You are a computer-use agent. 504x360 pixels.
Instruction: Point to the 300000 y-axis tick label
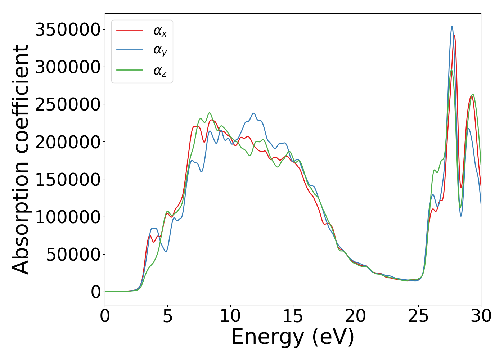point(67,67)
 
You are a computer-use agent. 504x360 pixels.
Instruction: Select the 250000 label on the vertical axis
point(67,104)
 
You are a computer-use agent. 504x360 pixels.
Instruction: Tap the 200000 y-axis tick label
point(67,142)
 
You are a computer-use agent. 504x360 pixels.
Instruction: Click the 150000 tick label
point(67,179)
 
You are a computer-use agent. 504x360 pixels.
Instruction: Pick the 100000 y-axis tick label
point(67,217)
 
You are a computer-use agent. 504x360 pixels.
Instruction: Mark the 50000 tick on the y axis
point(73,255)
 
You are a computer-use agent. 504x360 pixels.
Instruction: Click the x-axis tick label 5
point(168,316)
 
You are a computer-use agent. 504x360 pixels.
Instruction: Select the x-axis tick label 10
point(230,316)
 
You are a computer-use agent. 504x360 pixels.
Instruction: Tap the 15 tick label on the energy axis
point(293,316)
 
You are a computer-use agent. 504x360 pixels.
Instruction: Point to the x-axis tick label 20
point(356,316)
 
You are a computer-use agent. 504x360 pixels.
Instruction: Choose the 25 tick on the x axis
point(418,316)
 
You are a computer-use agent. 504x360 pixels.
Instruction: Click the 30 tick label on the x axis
point(481,316)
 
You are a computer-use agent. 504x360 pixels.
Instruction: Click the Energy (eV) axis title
point(293,337)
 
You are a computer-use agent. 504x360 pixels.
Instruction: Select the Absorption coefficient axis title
point(21,159)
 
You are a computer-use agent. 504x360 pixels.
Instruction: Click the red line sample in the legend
point(130,30)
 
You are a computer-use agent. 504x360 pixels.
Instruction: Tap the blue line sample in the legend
point(130,50)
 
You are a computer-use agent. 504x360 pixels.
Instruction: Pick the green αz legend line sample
point(130,70)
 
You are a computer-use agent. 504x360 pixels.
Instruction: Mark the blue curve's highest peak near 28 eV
point(452,26)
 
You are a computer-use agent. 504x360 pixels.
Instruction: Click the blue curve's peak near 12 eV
point(254,113)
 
